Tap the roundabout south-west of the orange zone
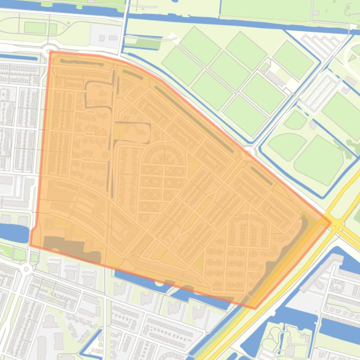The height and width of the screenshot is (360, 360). point(26,269)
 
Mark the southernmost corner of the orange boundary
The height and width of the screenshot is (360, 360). point(255,308)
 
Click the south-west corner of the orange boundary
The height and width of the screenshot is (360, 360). point(31,245)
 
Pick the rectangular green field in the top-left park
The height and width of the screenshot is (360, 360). point(35,28)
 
